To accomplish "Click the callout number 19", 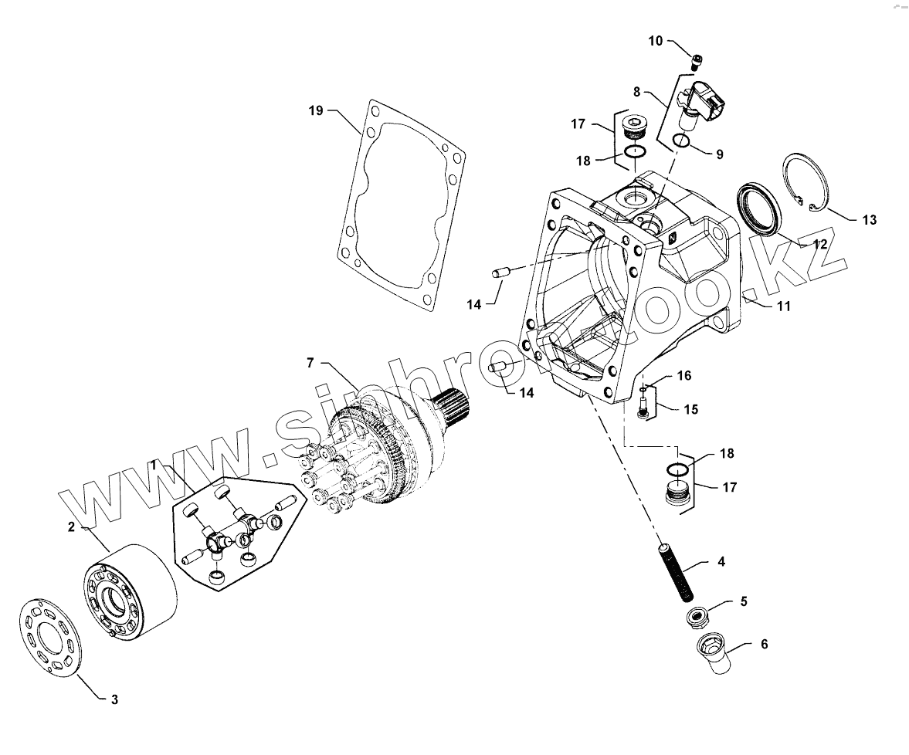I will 315,110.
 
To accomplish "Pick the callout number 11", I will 784,306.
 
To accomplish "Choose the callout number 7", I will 310,362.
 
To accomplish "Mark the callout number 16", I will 684,376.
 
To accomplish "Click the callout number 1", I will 154,466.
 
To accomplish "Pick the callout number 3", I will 114,700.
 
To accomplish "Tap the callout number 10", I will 655,41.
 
